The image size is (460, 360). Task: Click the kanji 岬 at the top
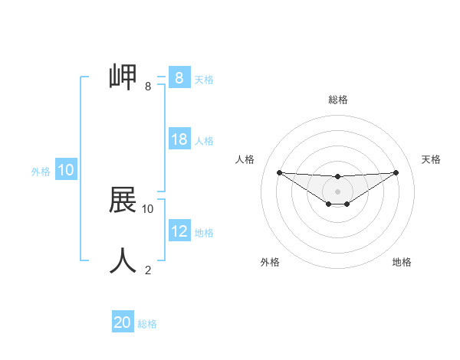pyautogui.click(x=123, y=77)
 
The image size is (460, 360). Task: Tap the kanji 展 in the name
pyautogui.click(x=123, y=201)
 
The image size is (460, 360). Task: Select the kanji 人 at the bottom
pyautogui.click(x=123, y=260)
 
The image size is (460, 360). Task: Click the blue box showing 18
pyautogui.click(x=179, y=139)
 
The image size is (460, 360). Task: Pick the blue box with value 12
pyautogui.click(x=179, y=231)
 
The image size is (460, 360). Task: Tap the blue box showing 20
pyautogui.click(x=123, y=322)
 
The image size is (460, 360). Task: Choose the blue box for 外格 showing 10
pyautogui.click(x=66, y=170)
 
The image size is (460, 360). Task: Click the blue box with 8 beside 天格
pyautogui.click(x=179, y=78)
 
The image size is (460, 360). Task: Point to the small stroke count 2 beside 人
pyautogui.click(x=148, y=270)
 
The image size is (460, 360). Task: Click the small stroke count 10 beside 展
pyautogui.click(x=148, y=208)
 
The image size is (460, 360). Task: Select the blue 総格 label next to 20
pyautogui.click(x=147, y=324)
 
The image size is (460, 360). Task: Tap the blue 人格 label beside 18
pyautogui.click(x=204, y=141)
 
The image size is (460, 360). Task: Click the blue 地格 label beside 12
pyautogui.click(x=204, y=233)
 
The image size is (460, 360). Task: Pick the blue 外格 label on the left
pyautogui.click(x=41, y=172)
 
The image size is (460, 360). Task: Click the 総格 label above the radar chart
pyautogui.click(x=338, y=100)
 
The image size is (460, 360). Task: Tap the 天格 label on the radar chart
pyautogui.click(x=431, y=159)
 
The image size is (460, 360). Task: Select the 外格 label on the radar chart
pyautogui.click(x=270, y=262)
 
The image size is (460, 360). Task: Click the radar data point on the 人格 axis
pyautogui.click(x=279, y=172)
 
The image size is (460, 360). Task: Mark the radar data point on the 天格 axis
pyautogui.click(x=396, y=172)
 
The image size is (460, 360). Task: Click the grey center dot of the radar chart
pyautogui.click(x=337, y=191)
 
